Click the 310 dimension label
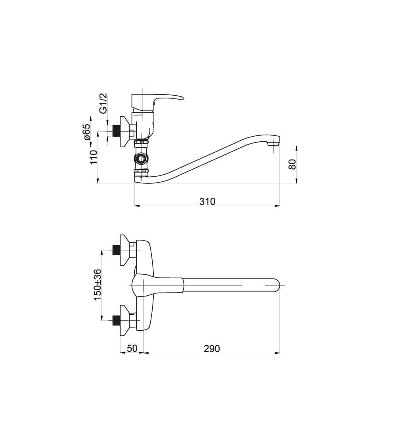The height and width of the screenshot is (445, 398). [207, 202]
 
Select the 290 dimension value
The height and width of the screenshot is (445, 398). [212, 349]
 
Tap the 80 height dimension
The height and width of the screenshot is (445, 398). [292, 164]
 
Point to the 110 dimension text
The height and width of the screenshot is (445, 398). [93, 157]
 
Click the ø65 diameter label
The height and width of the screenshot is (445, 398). [86, 132]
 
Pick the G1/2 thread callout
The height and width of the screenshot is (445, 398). [104, 103]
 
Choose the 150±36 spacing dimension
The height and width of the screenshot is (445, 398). [97, 285]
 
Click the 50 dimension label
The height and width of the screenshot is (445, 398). [132, 349]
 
